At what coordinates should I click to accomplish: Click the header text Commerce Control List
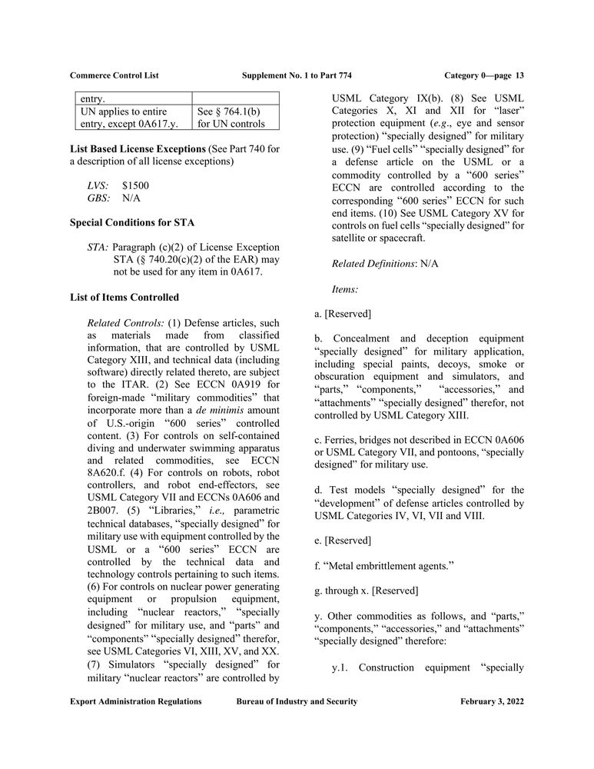(114, 75)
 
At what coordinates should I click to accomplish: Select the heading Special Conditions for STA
(132, 223)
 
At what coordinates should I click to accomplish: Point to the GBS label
(99, 198)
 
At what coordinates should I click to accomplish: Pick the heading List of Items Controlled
(124, 297)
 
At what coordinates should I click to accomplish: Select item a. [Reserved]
(343, 313)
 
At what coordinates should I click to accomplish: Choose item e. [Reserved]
(343, 541)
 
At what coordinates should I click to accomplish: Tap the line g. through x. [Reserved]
(367, 591)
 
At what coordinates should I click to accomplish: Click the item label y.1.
(340, 667)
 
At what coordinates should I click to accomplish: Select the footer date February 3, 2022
(492, 702)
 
